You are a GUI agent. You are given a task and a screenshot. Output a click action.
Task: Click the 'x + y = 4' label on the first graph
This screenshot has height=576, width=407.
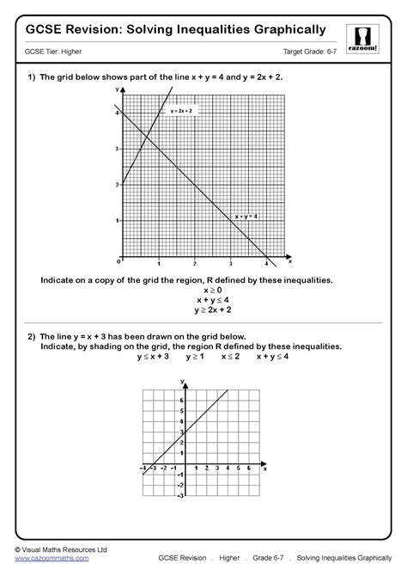point(246,215)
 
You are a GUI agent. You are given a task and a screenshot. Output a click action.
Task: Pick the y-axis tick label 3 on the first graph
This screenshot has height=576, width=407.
point(118,148)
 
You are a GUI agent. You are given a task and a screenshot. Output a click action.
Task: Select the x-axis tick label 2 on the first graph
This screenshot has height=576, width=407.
point(195,263)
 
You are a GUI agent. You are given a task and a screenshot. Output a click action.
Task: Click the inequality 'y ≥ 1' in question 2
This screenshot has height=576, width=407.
point(196,355)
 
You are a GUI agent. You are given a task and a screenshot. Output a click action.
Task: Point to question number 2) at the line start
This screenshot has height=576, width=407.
point(30,336)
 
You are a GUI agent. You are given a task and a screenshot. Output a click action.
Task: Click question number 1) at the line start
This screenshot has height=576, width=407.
point(30,77)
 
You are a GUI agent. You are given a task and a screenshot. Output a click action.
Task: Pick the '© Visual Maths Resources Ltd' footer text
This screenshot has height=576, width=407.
point(60,548)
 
